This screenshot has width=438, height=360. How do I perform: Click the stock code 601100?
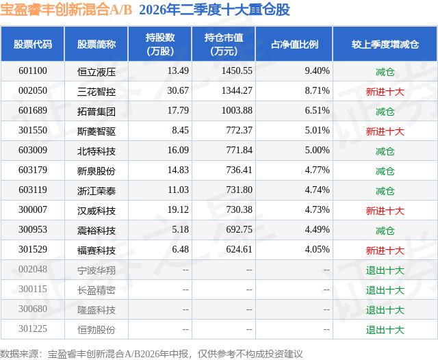33,71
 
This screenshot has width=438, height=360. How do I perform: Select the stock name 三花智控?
96,91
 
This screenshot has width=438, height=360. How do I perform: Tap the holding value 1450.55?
237,71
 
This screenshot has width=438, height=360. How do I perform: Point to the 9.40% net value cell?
317,71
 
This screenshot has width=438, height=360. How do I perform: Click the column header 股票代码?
33,44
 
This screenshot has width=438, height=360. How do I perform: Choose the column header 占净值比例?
294,44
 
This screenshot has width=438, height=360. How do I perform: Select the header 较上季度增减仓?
385,44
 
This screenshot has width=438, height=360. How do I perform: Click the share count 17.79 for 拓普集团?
178,111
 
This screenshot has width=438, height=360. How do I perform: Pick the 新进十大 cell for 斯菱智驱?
385,131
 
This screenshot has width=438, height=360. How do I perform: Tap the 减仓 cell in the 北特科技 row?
385,151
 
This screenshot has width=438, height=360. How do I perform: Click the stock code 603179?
33,170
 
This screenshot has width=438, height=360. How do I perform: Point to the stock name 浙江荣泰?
96,190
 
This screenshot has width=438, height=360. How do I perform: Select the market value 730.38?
239,209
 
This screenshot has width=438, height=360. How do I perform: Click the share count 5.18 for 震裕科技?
180,229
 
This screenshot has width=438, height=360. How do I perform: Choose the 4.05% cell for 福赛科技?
317,249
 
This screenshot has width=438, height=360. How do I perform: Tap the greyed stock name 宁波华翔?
96,270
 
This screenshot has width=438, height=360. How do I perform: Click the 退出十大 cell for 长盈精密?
385,290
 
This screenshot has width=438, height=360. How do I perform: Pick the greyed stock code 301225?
33,329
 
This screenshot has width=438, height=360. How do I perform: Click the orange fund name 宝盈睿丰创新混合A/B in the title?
66,10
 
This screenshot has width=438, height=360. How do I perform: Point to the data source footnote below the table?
151,354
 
